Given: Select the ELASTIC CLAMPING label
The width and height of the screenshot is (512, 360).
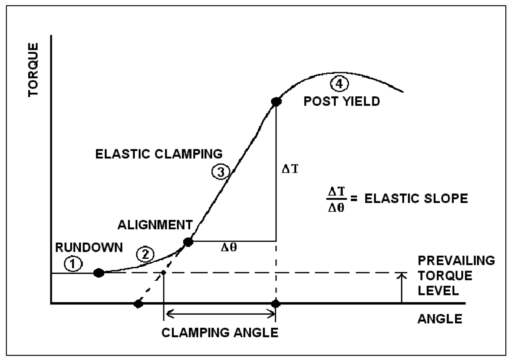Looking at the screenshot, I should tap(159, 154).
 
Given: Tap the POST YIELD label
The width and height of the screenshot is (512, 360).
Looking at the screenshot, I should tap(342, 101).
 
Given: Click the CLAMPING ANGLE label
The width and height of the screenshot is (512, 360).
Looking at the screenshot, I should tap(220, 334).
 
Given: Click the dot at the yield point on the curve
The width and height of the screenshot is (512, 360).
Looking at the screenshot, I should tap(276, 102).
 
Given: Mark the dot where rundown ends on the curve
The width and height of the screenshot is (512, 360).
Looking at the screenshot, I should tap(99, 273).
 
